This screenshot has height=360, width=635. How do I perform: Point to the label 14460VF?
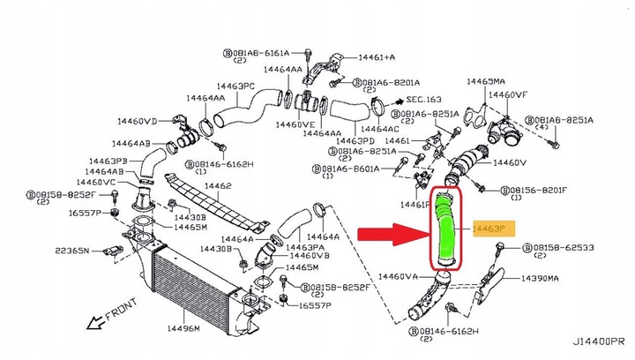pos(510,94)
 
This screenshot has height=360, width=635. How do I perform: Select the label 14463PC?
pos(236,86)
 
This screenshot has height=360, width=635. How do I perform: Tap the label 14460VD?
pos(136,121)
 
